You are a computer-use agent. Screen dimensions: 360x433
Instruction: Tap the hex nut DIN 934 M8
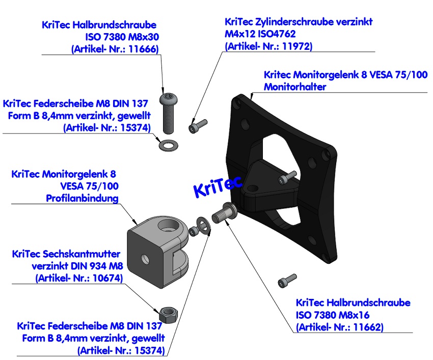click(x=169, y=313)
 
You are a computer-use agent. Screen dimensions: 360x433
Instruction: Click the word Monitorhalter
click(x=295, y=87)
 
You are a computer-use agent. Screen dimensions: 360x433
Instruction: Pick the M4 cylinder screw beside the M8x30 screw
click(x=198, y=125)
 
